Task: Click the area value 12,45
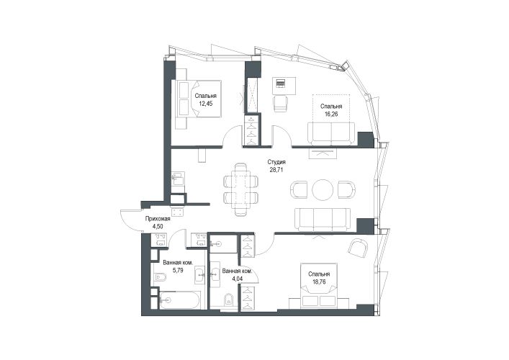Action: coord(205,104)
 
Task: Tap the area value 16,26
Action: coord(331,114)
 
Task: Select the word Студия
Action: coord(276,162)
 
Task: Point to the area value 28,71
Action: coord(276,169)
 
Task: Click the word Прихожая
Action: coord(158,219)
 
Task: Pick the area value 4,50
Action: coord(158,227)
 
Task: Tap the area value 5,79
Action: coord(179,270)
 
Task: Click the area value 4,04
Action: coord(238,278)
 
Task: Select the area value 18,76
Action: coord(319,282)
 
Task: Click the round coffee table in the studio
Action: coord(323,189)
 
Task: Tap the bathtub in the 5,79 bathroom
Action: coord(180,300)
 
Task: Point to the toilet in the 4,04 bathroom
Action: coord(228,300)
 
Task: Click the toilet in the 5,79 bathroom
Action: coord(161,277)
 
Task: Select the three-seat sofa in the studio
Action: coord(323,220)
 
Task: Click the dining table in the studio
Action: coord(240,189)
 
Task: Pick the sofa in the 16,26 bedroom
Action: coord(331,133)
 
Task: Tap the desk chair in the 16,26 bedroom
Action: coord(281,104)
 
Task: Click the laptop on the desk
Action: coord(280,83)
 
